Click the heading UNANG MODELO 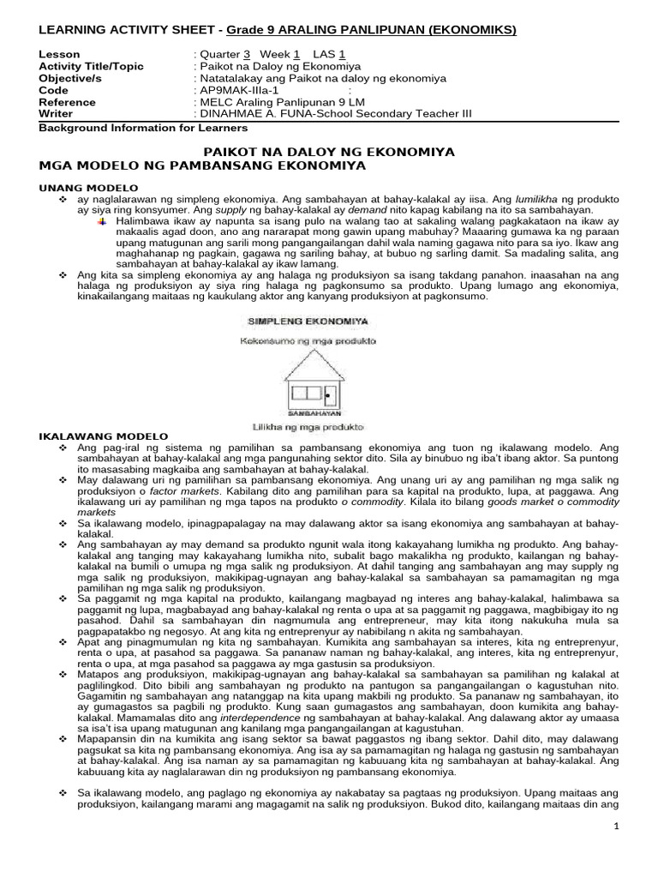click(x=88, y=187)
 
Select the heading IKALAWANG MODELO click(x=96, y=436)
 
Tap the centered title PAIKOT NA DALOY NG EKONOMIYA click(x=334, y=151)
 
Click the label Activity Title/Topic click(x=92, y=66)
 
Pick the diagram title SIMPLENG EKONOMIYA click(x=307, y=322)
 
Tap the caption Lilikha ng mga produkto click(x=307, y=425)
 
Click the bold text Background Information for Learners click(x=144, y=128)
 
